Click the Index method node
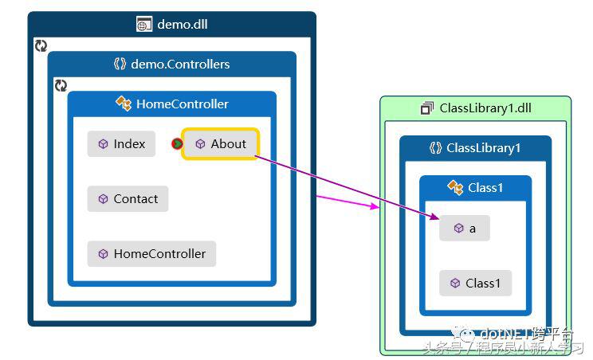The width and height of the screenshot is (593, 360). click(121, 144)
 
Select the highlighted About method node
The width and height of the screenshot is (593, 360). click(220, 144)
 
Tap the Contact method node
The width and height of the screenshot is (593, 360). click(128, 199)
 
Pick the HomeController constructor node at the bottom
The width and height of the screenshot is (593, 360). click(151, 254)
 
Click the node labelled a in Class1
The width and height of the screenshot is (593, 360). click(464, 229)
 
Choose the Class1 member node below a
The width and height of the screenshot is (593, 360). click(475, 284)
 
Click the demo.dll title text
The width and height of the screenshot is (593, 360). click(183, 24)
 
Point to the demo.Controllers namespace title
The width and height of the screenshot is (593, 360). click(180, 65)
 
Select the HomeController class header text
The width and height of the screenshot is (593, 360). click(183, 104)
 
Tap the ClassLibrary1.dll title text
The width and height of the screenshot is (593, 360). click(485, 108)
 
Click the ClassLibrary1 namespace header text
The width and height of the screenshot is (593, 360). click(484, 148)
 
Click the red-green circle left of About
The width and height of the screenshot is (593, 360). click(177, 144)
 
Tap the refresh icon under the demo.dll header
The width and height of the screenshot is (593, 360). click(41, 46)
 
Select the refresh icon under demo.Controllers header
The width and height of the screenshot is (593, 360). click(61, 85)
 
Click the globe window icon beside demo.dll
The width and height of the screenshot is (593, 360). click(143, 25)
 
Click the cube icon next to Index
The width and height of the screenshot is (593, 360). click(103, 144)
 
